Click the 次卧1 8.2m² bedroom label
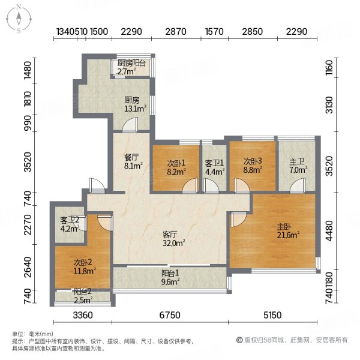(x=175, y=166)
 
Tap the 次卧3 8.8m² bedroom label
(x=253, y=166)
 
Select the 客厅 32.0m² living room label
(x=172, y=239)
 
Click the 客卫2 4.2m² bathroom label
(x=70, y=223)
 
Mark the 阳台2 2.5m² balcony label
(x=83, y=296)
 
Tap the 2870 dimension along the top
(x=175, y=32)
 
